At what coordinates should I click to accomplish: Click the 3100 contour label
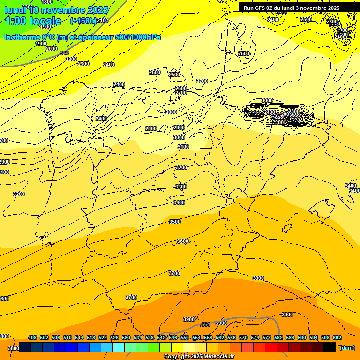[x=183, y=147]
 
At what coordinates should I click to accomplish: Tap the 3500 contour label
[x=175, y=222]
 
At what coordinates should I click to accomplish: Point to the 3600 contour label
[x=183, y=241]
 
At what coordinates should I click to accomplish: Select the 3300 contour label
[x=181, y=187]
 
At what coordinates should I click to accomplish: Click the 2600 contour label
[x=181, y=88]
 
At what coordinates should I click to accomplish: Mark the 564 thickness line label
[x=205, y=324]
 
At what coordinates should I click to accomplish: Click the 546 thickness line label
[x=64, y=53]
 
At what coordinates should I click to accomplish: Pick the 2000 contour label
[x=52, y=49]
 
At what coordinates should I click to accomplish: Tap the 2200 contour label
[x=71, y=59]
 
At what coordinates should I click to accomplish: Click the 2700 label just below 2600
[x=181, y=93]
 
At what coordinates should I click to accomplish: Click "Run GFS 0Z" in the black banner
[x=260, y=8]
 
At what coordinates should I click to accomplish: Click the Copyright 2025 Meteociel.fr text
[x=199, y=356]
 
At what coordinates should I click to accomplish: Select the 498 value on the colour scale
[x=32, y=337]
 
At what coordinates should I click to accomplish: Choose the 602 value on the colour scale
[x=337, y=337]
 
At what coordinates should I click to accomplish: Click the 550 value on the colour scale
[x=185, y=337]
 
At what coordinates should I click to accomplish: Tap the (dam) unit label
[x=347, y=347]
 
